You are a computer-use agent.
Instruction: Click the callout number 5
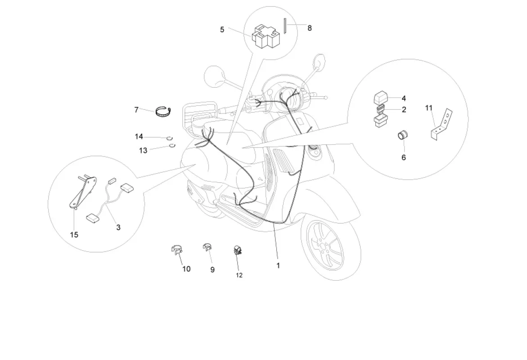[222, 30]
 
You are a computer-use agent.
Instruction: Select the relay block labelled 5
[265, 36]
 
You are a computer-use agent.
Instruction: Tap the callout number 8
[310, 28]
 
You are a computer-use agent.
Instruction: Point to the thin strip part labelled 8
[285, 26]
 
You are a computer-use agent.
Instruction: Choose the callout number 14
[139, 136]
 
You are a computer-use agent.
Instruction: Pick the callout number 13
[143, 150]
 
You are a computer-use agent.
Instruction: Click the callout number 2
[404, 110]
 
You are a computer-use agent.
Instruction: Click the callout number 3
[118, 228]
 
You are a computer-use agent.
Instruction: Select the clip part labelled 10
[176, 250]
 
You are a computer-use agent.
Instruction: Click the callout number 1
[278, 265]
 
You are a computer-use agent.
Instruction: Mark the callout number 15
[74, 234]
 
